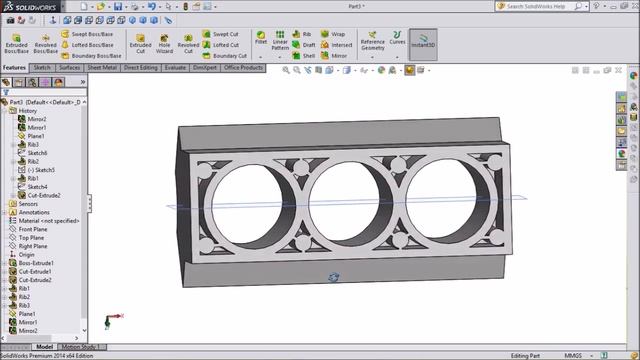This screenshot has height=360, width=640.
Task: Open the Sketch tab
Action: coord(42,68)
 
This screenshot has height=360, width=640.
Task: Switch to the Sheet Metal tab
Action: coord(102,68)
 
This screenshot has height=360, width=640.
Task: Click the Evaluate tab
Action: coord(175,68)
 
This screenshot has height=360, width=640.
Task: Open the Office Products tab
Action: coord(244,68)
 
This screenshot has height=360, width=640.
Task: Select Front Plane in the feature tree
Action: coord(32,229)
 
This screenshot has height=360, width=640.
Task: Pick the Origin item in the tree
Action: coord(26,255)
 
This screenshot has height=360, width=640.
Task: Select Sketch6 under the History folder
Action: coord(37,153)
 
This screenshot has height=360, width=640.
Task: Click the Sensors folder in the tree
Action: coord(28,204)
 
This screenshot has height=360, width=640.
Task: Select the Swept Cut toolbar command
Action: coord(225,33)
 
